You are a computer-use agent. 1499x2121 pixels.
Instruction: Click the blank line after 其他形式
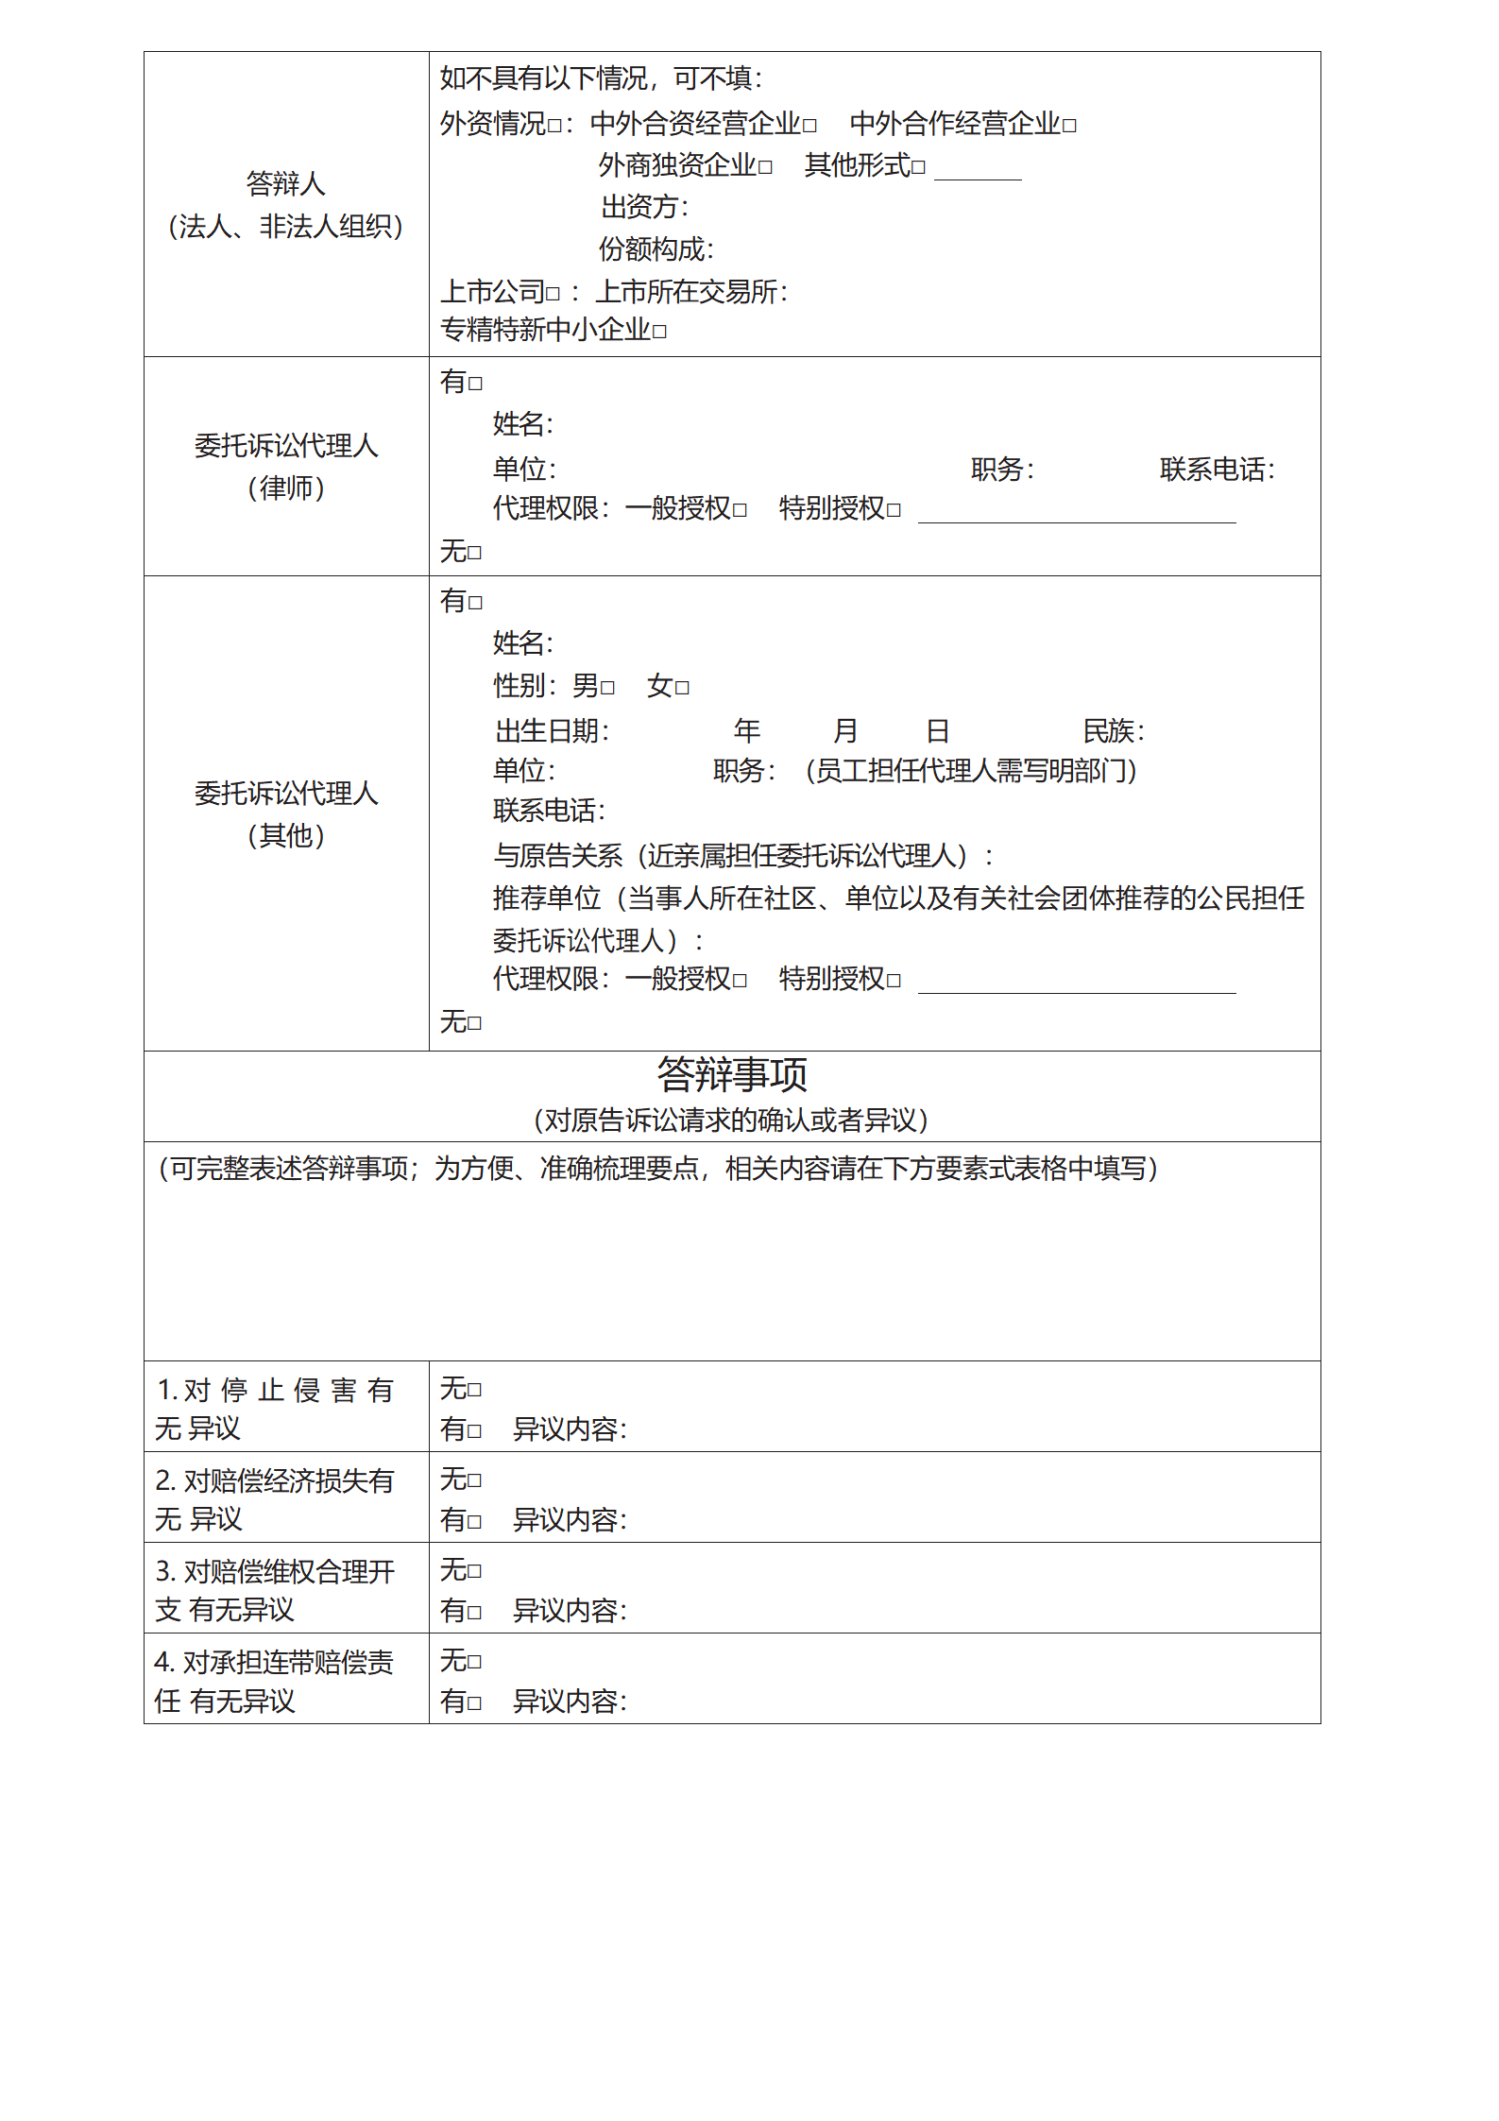pos(978,170)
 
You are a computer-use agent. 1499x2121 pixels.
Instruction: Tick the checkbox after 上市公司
pos(553,294)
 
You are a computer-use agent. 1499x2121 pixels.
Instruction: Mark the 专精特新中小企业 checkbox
pos(659,332)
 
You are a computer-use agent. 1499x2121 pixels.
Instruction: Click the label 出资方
pos(644,207)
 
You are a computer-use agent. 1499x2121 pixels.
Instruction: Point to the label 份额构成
pos(656,249)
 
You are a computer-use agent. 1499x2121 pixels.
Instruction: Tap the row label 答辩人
pos(285,183)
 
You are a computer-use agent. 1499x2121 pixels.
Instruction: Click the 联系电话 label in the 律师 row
pos(1217,470)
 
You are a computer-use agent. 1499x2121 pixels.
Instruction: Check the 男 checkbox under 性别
pos(607,688)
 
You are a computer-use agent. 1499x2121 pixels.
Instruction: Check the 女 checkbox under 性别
pos(682,688)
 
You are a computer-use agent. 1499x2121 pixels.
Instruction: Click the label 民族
pos(1113,731)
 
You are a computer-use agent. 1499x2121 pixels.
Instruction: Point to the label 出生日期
pos(552,731)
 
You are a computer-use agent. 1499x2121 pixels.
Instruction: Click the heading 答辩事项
pos(732,1075)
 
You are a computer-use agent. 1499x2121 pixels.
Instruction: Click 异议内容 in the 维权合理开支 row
pos(569,1611)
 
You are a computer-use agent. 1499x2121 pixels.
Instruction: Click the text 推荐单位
pos(546,898)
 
